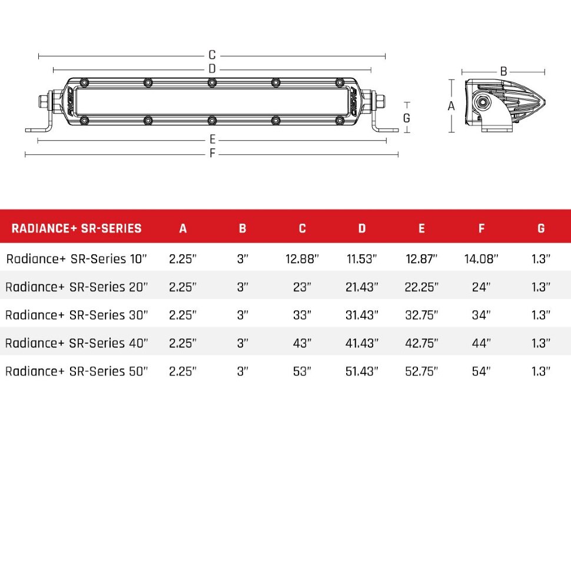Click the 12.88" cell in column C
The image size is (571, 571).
(x=302, y=259)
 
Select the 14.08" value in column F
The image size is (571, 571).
(x=481, y=259)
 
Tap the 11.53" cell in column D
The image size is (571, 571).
(x=362, y=259)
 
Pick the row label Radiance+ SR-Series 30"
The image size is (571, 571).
(x=76, y=315)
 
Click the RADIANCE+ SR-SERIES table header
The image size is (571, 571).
(x=77, y=228)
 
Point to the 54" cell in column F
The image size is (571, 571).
(x=481, y=371)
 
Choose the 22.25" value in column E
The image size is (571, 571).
(x=421, y=287)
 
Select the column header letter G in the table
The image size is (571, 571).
(x=541, y=228)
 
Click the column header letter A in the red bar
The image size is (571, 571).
(x=182, y=228)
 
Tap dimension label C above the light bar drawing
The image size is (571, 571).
(x=212, y=55)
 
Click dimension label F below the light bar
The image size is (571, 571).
(x=213, y=154)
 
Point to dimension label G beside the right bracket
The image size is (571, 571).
(x=406, y=117)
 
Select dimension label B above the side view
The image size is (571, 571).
(x=503, y=71)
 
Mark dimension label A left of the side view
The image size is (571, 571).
(x=452, y=107)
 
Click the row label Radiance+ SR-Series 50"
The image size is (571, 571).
(x=76, y=371)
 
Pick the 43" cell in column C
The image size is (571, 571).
(x=302, y=343)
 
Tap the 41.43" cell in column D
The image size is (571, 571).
(x=362, y=343)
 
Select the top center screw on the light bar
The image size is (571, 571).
(x=212, y=82)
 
